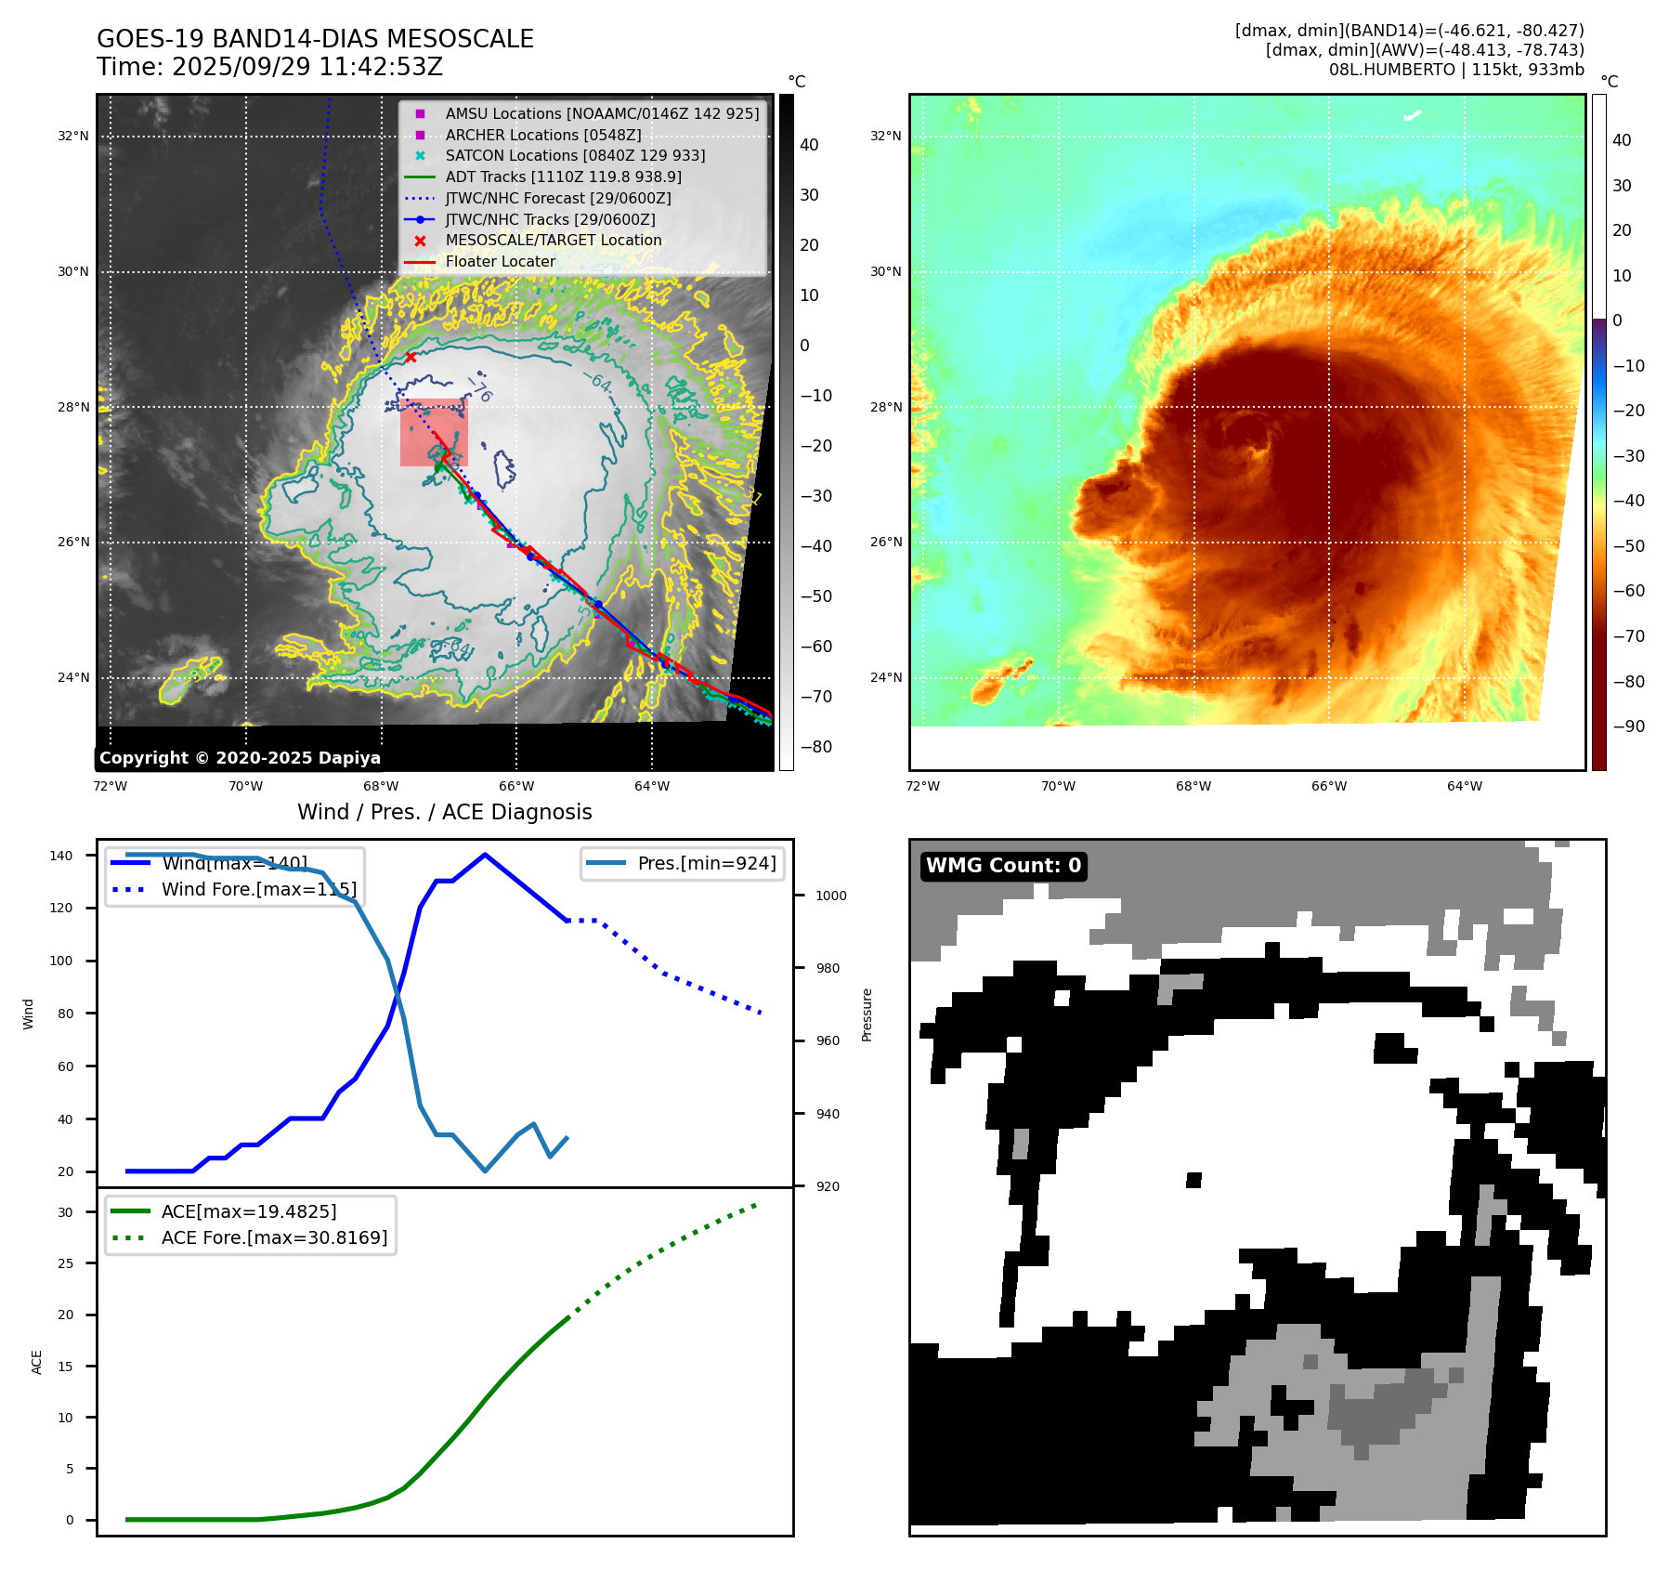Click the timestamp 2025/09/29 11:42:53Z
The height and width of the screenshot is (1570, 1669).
306,68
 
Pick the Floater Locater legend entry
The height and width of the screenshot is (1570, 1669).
500,261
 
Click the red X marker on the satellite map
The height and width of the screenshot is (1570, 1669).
411,357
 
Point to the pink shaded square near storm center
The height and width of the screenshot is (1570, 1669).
434,432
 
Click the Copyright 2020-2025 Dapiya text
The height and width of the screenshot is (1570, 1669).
240,758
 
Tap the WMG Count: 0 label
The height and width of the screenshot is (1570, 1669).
1003,866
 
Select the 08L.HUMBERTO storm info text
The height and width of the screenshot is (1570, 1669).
1455,70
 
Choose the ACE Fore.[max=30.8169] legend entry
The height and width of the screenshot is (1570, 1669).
274,1237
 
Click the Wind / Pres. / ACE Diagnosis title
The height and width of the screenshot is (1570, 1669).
444,812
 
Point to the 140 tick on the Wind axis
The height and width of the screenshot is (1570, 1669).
61,856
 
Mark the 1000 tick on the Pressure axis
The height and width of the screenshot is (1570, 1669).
831,896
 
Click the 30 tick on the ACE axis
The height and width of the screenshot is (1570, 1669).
65,1212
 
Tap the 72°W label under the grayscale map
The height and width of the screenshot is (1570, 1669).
111,786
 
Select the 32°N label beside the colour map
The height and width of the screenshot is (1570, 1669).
885,136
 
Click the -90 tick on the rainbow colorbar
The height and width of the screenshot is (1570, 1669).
1628,726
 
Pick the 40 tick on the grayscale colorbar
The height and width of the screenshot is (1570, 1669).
809,145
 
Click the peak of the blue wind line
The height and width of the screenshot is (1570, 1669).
485,855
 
